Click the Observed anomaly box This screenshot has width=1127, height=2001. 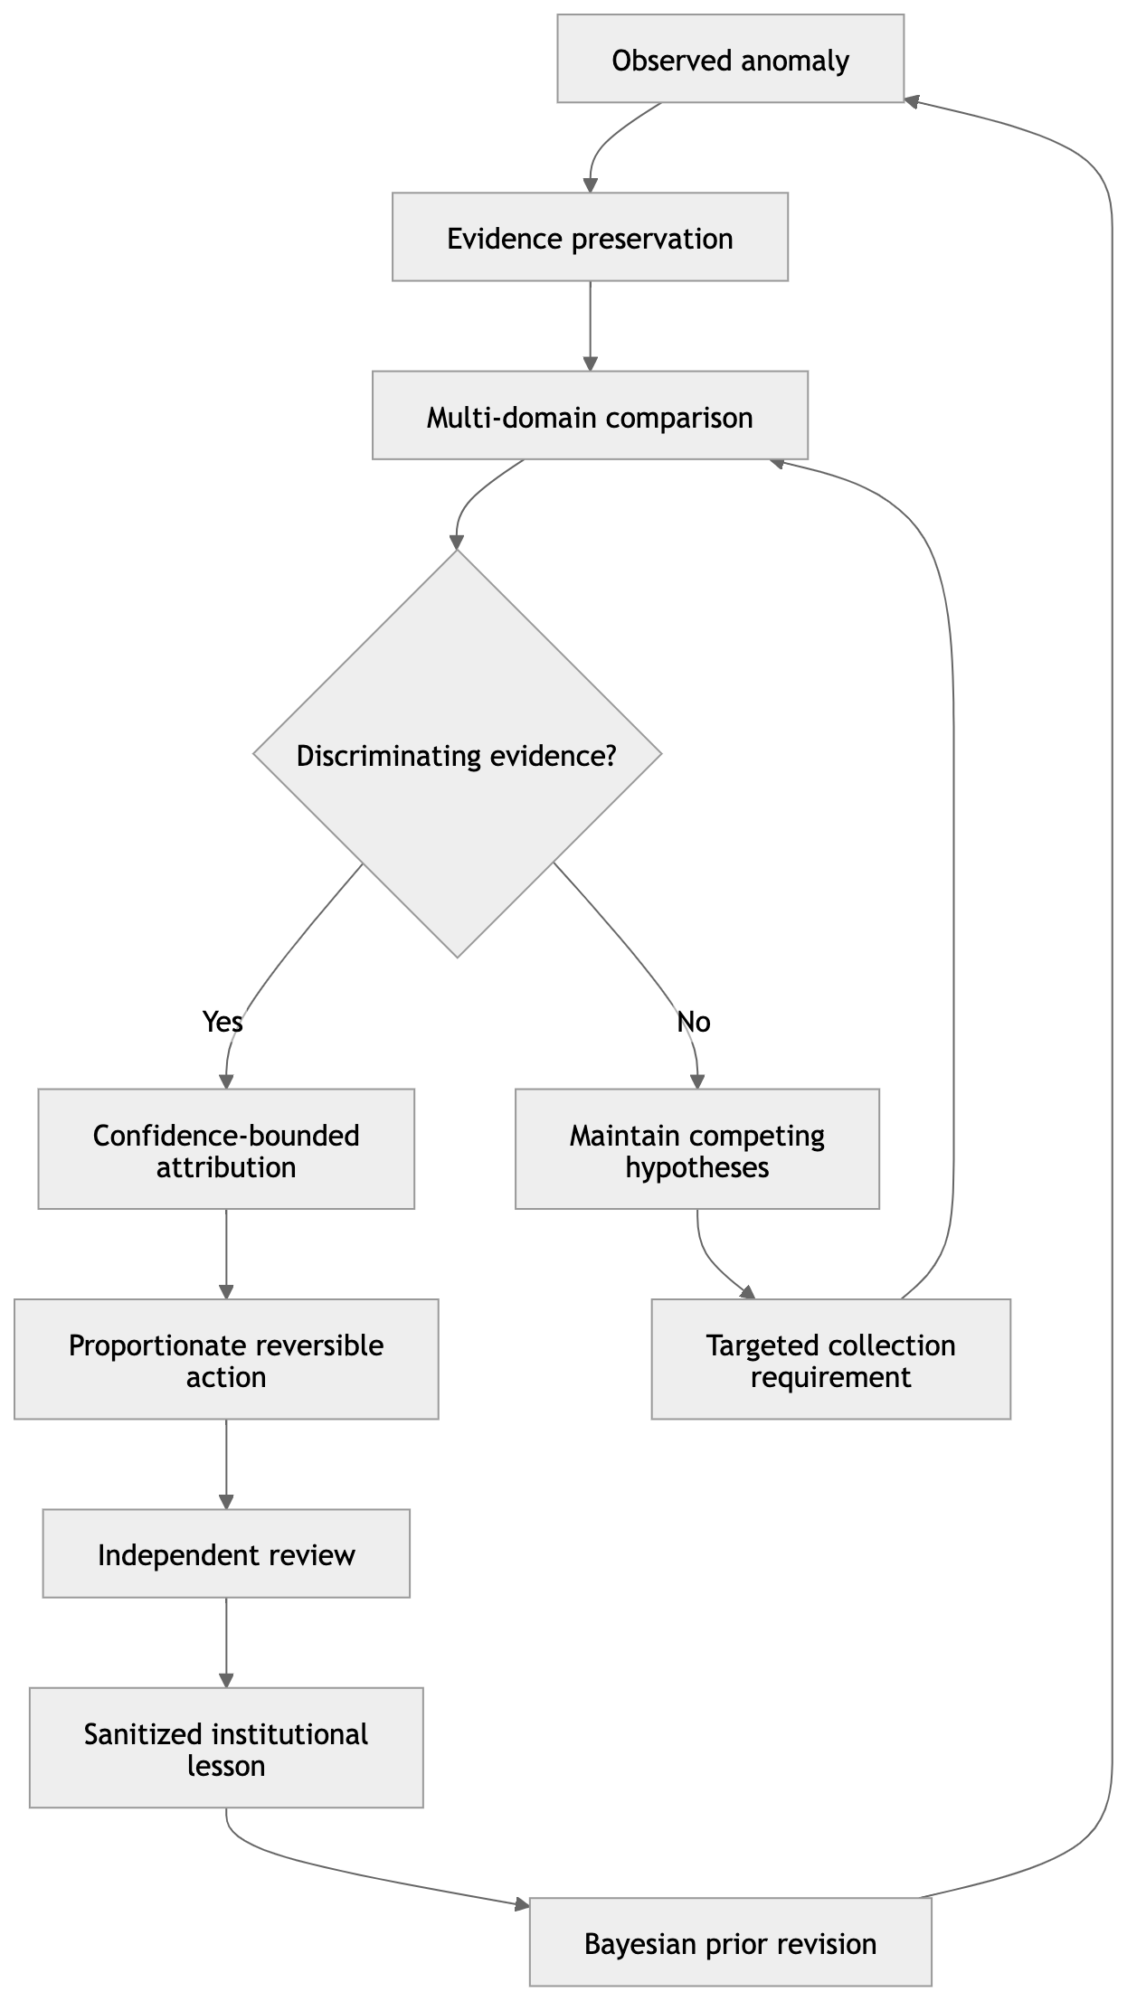[x=730, y=58]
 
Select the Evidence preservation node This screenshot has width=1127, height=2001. [x=590, y=237]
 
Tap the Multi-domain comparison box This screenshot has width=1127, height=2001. [x=590, y=415]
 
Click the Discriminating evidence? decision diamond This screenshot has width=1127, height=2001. [x=458, y=753]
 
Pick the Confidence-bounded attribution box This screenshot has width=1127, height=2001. [x=226, y=1149]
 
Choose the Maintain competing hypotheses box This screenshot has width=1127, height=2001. [x=697, y=1149]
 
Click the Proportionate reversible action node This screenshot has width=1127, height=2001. [x=226, y=1359]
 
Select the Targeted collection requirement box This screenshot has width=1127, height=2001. [x=831, y=1359]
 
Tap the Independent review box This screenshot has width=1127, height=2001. [x=226, y=1553]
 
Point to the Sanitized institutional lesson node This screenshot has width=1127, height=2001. [x=226, y=1748]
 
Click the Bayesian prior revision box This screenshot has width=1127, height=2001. [x=730, y=1942]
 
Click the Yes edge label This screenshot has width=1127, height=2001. [x=223, y=1022]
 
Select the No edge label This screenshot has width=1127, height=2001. [x=694, y=1022]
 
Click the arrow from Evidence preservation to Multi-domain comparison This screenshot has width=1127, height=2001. [x=590, y=326]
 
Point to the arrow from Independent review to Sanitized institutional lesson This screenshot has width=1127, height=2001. [x=226, y=1643]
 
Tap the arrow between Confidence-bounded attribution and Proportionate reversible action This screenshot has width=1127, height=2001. [x=226, y=1254]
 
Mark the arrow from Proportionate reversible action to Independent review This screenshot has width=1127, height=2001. [x=226, y=1465]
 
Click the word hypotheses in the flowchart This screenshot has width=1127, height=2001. [x=697, y=1167]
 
